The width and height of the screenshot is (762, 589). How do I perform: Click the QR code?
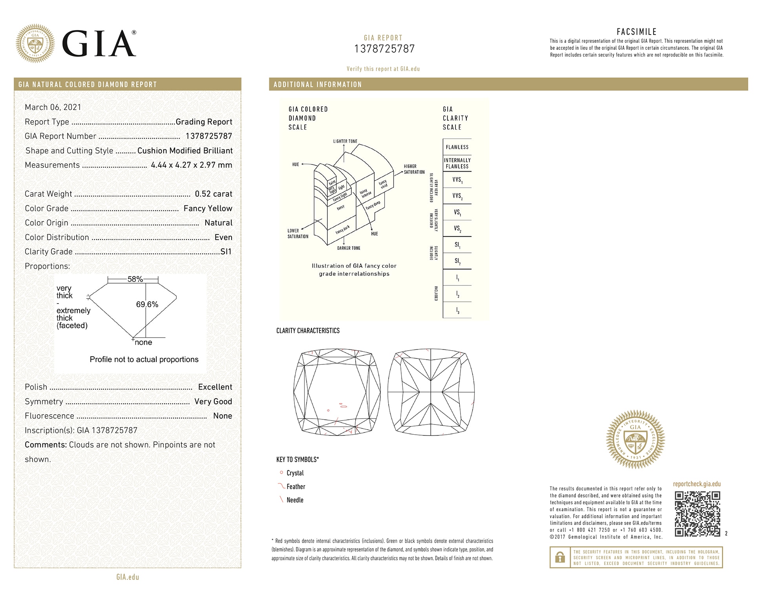click(x=697, y=514)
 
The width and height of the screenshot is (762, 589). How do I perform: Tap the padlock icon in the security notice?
click(x=560, y=557)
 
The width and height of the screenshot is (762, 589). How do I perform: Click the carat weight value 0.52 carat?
click(x=213, y=194)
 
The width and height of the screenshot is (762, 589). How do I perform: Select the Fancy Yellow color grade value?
click(x=208, y=209)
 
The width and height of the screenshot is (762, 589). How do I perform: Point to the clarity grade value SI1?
click(x=226, y=252)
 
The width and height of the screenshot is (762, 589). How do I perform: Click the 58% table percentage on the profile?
click(x=135, y=279)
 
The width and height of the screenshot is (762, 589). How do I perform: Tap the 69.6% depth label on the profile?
click(x=147, y=304)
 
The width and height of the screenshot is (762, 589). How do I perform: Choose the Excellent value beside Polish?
click(x=215, y=387)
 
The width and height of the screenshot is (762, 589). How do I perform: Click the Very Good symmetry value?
click(x=213, y=402)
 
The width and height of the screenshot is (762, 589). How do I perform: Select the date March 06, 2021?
click(x=53, y=107)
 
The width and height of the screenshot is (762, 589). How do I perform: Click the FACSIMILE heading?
click(x=636, y=32)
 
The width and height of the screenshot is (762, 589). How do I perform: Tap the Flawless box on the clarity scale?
click(x=457, y=147)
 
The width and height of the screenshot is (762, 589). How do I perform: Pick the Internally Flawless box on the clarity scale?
click(x=457, y=163)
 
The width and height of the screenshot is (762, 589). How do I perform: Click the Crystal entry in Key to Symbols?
click(x=295, y=473)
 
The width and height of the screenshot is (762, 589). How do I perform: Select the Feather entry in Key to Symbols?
click(x=296, y=487)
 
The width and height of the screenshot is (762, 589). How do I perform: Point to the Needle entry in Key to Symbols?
click(x=295, y=500)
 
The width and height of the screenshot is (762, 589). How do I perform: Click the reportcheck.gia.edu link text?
click(x=697, y=484)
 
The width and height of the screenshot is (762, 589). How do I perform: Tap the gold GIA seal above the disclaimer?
click(x=636, y=439)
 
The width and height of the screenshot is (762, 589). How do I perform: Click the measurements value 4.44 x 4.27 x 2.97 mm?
click(x=191, y=165)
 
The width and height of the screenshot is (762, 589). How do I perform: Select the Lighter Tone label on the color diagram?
click(x=345, y=141)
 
